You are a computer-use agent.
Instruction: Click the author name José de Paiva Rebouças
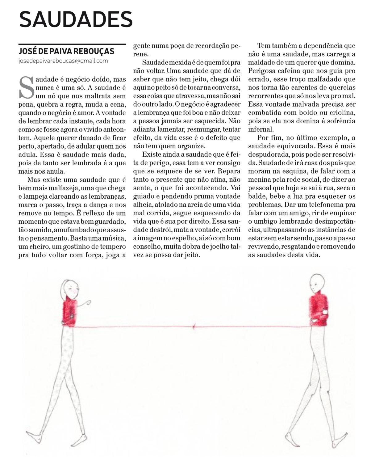[x=66, y=51]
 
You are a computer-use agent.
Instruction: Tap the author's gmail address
[x=63, y=61]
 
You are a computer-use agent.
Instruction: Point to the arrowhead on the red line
[x=194, y=327]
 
